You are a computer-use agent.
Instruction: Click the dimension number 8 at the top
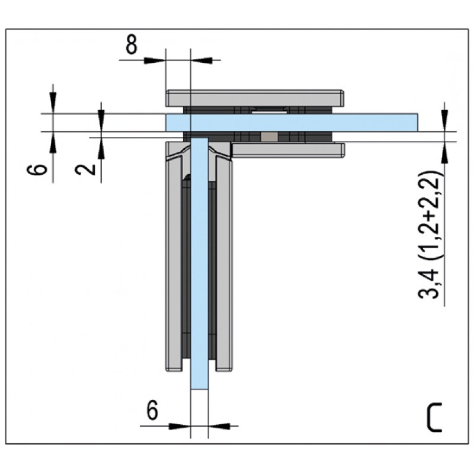pos(131,44)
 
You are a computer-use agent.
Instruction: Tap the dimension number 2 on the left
pos(85,169)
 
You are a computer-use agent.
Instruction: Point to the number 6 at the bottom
pos(152,410)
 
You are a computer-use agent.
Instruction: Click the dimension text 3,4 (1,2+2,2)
pos(428,235)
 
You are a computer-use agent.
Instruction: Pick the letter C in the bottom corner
pos(435,418)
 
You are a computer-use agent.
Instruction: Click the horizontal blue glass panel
pos(292,123)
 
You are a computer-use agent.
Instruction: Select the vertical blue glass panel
pos(200,263)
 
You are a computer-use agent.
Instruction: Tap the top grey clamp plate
pos(255,98)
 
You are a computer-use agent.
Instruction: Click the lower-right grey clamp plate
pos(288,150)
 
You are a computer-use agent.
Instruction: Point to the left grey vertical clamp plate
pos(175,257)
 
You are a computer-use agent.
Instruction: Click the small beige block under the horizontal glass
pos(269,137)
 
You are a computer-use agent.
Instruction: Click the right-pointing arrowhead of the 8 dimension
pos(155,60)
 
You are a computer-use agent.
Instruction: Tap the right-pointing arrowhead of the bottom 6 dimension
pos(180,426)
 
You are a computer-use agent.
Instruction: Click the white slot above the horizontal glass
pos(269,112)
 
